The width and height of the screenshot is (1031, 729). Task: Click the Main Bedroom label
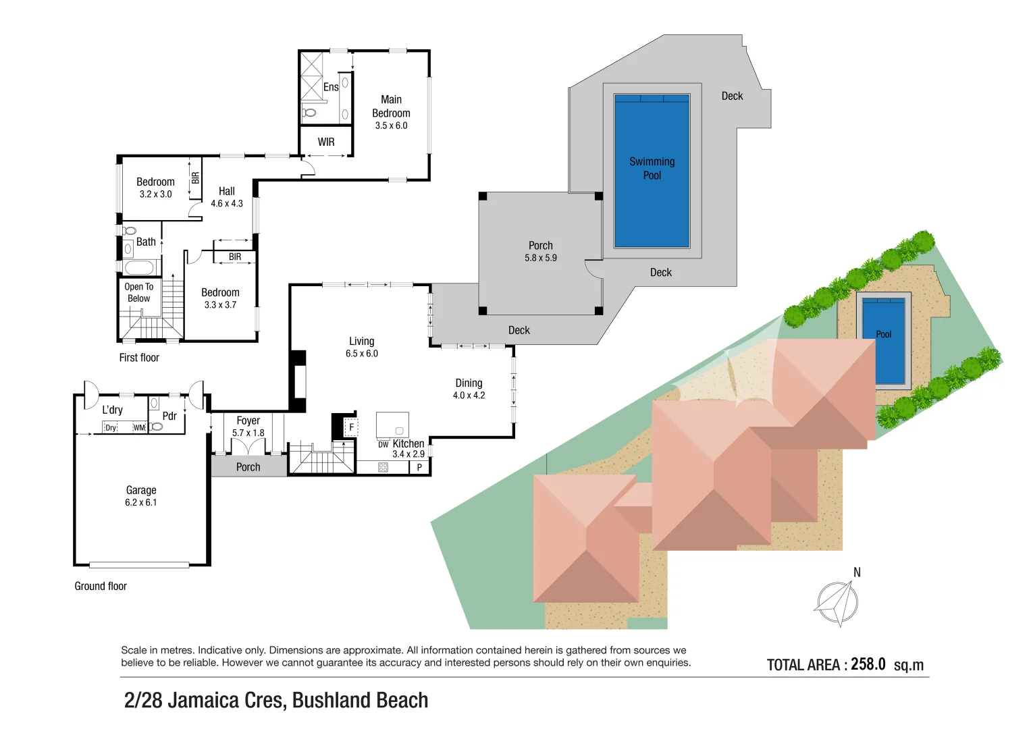pos(391,107)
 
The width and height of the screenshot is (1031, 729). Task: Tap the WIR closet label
pos(326,142)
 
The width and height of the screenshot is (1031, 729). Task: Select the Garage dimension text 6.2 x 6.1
pos(140,503)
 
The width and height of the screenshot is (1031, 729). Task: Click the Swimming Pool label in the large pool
pos(652,168)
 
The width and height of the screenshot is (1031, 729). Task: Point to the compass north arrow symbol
pos(838,602)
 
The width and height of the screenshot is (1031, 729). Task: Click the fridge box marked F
pos(351,427)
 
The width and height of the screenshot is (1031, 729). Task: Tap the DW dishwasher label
pos(383,445)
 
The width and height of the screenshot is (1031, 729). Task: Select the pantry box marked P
pos(419,467)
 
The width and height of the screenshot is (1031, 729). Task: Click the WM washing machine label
pos(138,428)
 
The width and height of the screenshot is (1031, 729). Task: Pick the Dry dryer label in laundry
pos(111,428)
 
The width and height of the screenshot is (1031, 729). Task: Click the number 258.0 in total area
pos(868,664)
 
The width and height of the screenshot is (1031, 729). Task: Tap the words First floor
pos(139,358)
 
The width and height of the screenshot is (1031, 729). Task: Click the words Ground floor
pos(101,586)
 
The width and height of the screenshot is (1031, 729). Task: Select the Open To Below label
pos(139,292)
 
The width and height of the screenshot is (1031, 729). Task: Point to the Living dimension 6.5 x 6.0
pos(361,354)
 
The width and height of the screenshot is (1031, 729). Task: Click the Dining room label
pos(469,383)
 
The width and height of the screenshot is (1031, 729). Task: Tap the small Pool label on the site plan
pos(883,334)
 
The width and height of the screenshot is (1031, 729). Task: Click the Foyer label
pos(248,421)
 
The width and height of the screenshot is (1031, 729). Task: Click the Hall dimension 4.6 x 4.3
pos(226,203)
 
